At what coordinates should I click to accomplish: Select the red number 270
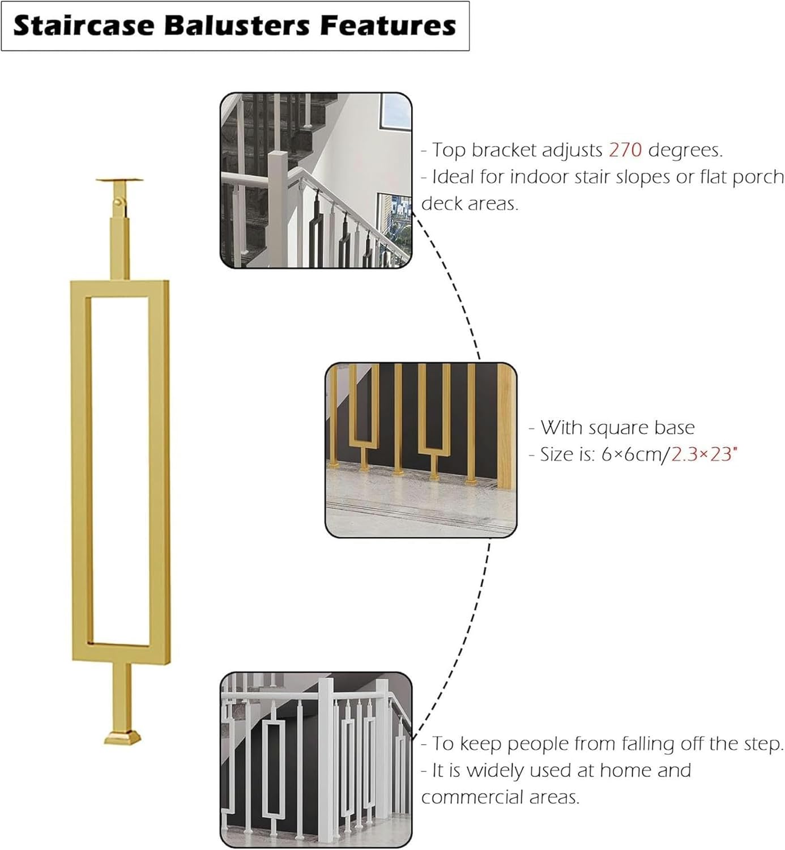[625, 150]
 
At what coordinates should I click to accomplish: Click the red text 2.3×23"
[705, 454]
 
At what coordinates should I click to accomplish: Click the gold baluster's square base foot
[122, 737]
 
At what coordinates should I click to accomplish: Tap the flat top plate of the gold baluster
[119, 180]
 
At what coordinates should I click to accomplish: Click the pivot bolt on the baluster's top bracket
[117, 201]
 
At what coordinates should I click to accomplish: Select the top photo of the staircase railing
[315, 180]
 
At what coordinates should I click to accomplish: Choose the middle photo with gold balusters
[421, 450]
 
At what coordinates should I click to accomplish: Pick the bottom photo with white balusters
[315, 759]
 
